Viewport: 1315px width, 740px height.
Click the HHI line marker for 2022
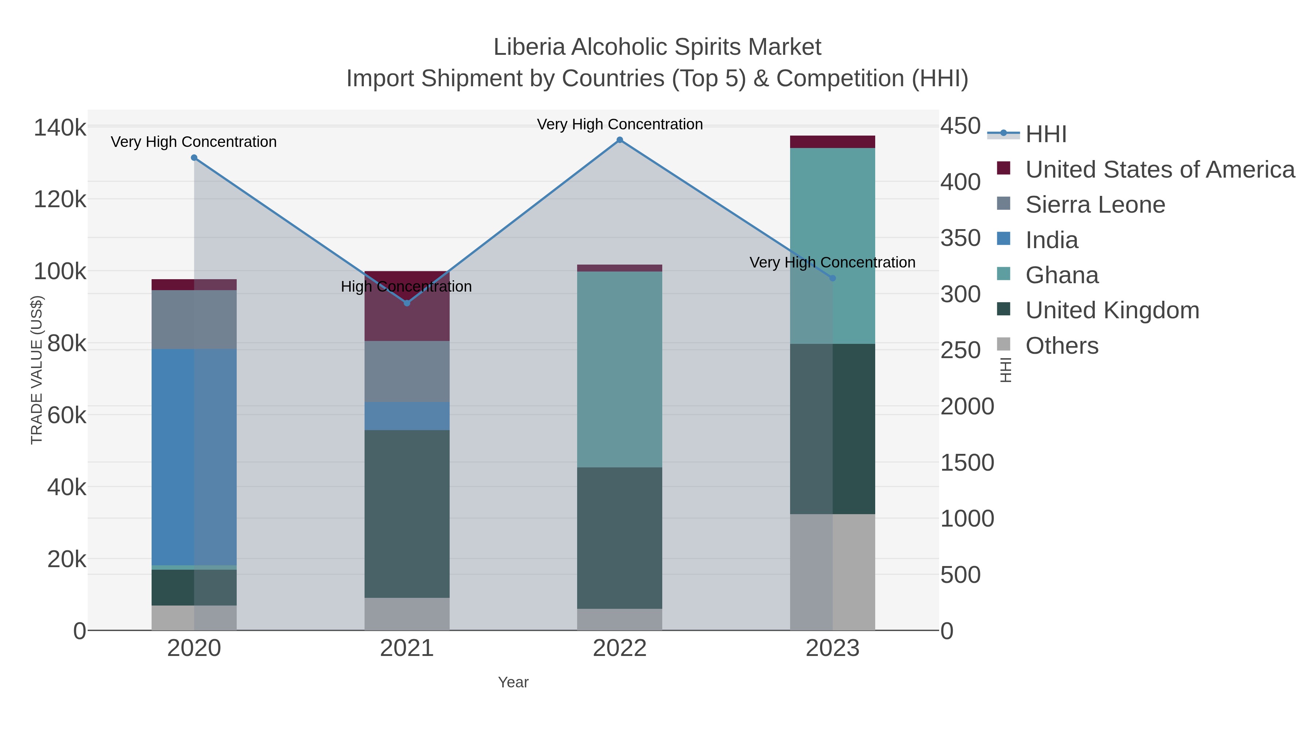(620, 140)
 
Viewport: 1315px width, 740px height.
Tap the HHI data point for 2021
(407, 303)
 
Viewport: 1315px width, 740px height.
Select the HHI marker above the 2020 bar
(194, 158)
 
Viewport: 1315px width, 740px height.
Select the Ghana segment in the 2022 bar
(620, 369)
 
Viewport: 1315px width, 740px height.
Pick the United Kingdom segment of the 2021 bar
(407, 514)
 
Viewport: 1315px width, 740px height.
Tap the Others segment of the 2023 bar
(832, 572)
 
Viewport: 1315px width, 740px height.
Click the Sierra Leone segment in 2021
(407, 371)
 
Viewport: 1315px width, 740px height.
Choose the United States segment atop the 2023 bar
(832, 142)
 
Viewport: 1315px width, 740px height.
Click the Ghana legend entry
(1062, 275)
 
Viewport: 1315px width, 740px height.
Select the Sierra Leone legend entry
(1095, 205)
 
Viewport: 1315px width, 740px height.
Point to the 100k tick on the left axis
(60, 272)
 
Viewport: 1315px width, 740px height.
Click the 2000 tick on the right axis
(967, 407)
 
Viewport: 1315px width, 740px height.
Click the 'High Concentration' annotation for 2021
(406, 286)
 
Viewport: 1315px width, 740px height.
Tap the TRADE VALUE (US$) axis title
(37, 370)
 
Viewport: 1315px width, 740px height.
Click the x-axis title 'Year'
(513, 682)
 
